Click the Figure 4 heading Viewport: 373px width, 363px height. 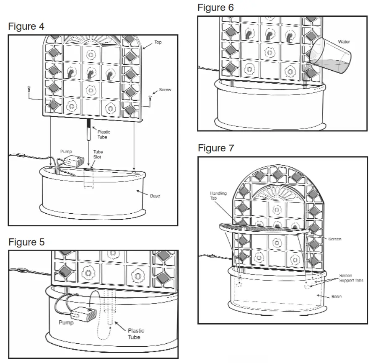[x=26, y=27]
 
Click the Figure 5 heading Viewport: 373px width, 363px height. [x=26, y=243]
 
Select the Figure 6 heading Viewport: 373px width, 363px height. [x=215, y=8]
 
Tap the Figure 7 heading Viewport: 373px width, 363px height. [x=216, y=148]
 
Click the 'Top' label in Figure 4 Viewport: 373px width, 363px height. [x=158, y=43]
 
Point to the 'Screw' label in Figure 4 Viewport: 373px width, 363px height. [x=165, y=90]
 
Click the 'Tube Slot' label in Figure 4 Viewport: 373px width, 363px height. [x=98, y=154]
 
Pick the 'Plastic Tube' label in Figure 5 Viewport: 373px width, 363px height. [x=134, y=333]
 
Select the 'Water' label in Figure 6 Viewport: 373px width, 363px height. [x=344, y=42]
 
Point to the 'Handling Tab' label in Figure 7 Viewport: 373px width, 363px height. [x=218, y=196]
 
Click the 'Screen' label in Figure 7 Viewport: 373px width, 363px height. [x=334, y=239]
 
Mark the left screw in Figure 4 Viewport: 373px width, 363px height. [x=28, y=89]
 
